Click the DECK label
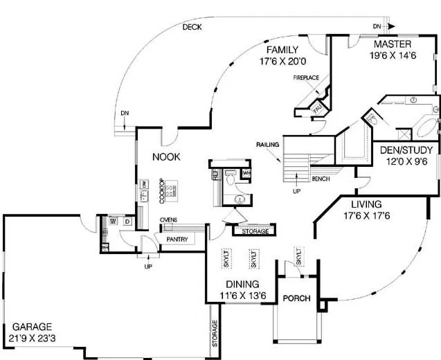tap(192, 28)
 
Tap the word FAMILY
tap(282, 50)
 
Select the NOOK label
tap(166, 157)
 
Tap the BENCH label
tap(321, 179)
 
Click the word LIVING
tap(368, 204)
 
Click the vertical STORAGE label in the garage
tap(214, 333)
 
